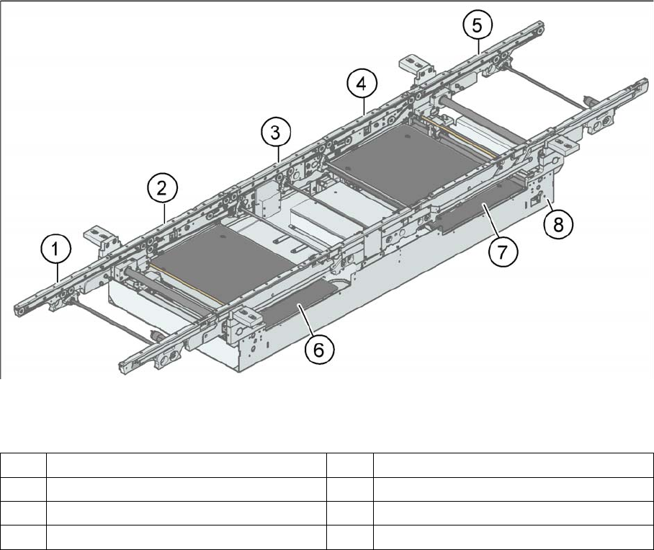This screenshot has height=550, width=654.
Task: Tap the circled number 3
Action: pos(276,133)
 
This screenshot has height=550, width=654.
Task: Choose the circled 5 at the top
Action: pos(478,26)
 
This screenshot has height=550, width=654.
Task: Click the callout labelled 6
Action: pos(319,350)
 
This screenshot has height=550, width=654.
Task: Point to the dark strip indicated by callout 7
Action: pos(475,208)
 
